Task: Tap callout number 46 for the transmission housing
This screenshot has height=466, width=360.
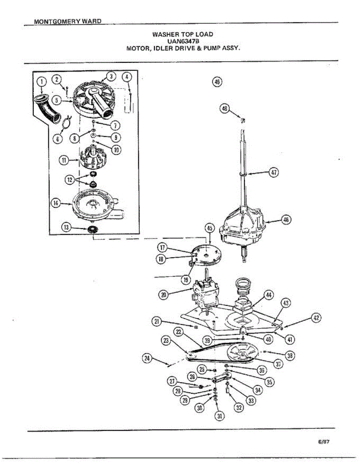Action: coord(286,220)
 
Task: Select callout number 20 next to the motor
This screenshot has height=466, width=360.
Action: coord(163,295)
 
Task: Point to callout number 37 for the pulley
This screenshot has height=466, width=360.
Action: coord(278,363)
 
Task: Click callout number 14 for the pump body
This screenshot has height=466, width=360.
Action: coord(56,202)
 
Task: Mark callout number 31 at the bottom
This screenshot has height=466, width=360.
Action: coord(219,416)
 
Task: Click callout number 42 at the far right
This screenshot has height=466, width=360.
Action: coord(317,318)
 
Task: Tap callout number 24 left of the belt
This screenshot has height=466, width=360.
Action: coord(147,358)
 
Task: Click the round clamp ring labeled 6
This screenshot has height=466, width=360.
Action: coord(66,122)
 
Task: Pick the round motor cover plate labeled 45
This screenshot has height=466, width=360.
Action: coord(206,255)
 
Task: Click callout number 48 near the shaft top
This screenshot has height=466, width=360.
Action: coord(225,109)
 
